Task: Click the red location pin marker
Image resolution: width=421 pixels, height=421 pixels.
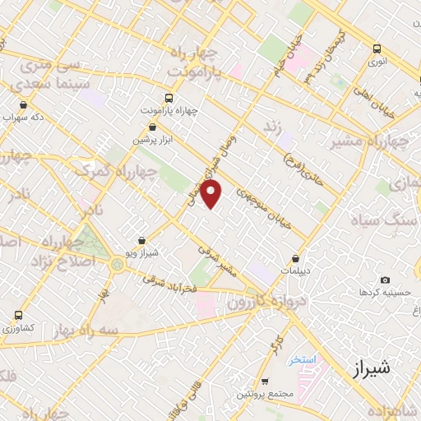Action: (x=211, y=194)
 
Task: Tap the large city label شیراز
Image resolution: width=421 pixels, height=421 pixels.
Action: (x=374, y=368)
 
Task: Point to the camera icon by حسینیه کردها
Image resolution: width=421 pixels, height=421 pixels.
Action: (x=385, y=280)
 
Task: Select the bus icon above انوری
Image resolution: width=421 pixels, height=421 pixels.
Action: (x=377, y=49)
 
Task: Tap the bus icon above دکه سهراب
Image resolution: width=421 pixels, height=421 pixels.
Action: (x=22, y=104)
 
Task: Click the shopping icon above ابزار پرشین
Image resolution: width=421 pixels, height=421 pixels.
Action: (x=153, y=127)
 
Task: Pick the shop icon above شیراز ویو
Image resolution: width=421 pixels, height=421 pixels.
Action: (x=144, y=241)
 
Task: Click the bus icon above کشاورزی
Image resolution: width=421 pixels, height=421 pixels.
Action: (x=19, y=315)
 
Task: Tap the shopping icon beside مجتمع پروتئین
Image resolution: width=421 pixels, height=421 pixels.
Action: (x=264, y=381)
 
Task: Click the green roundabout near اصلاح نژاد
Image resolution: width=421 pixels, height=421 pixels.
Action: (x=118, y=264)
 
